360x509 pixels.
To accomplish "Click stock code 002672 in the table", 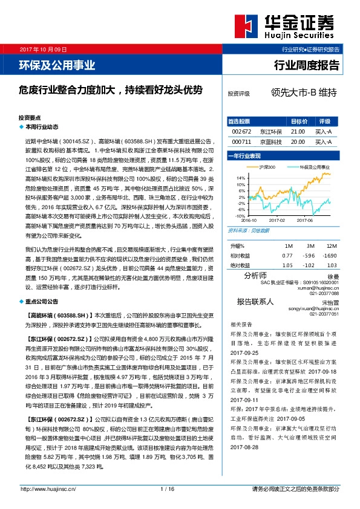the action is click(241, 131).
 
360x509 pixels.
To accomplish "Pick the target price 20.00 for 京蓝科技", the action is click(298, 141).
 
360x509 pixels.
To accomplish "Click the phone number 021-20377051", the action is click(324, 314).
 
